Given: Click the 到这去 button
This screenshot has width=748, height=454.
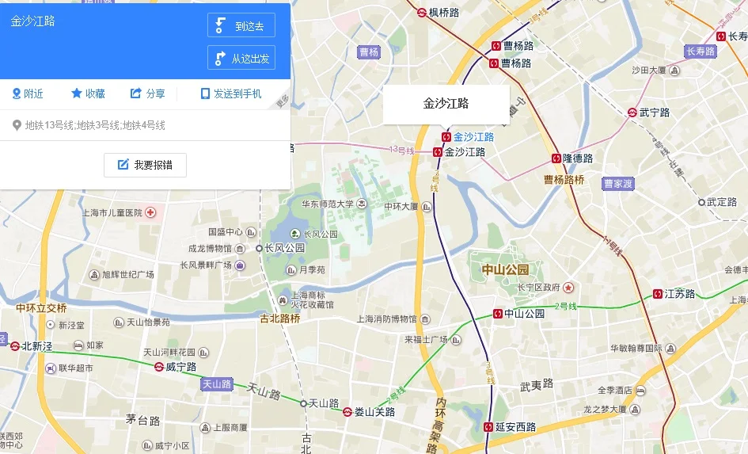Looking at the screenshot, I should tap(241, 25).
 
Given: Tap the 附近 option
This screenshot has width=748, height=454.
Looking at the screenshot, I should tap(28, 93).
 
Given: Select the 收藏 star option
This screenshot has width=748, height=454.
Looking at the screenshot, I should tap(88, 93).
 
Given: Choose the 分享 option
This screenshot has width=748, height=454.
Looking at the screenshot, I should tap(148, 93).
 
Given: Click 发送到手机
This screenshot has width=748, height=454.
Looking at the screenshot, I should tap(230, 93).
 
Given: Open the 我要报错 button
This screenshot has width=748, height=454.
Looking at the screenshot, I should tap(145, 165).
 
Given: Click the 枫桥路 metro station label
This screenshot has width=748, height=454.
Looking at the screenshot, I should tap(443, 12).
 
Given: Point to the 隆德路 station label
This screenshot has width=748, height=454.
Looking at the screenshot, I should tap(577, 158).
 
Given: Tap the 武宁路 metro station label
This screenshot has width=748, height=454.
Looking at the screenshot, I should tap(654, 113).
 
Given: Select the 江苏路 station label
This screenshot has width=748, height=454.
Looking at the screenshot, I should tap(678, 294).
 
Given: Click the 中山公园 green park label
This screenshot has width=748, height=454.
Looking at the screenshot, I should tap(505, 270).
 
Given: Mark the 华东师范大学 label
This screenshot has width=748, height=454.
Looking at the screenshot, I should tap(327, 204).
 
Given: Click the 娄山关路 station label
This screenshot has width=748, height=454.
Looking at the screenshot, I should tap(374, 411).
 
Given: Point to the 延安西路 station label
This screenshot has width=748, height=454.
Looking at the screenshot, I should tap(514, 427).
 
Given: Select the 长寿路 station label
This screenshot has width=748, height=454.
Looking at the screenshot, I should tap(737, 36).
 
